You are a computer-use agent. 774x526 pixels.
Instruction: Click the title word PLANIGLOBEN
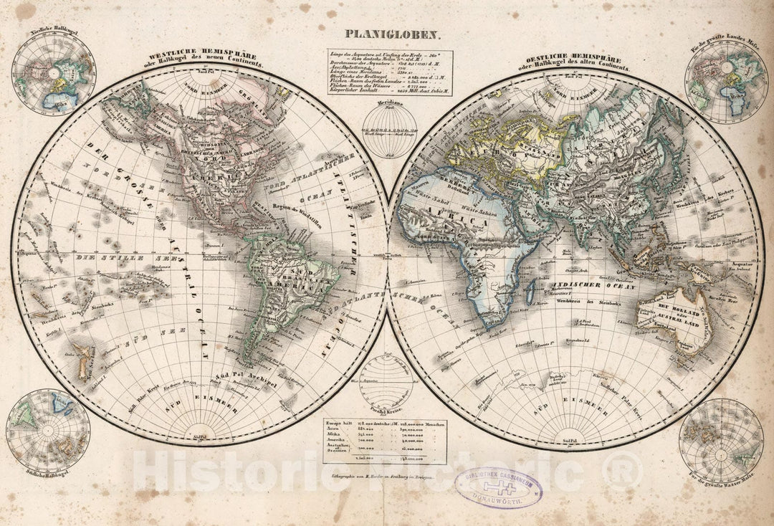(388, 33)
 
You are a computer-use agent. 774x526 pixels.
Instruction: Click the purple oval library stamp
(499, 487)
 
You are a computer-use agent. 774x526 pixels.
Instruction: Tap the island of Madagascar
(531, 290)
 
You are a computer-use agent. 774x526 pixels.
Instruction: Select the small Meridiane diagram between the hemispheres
(387, 129)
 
